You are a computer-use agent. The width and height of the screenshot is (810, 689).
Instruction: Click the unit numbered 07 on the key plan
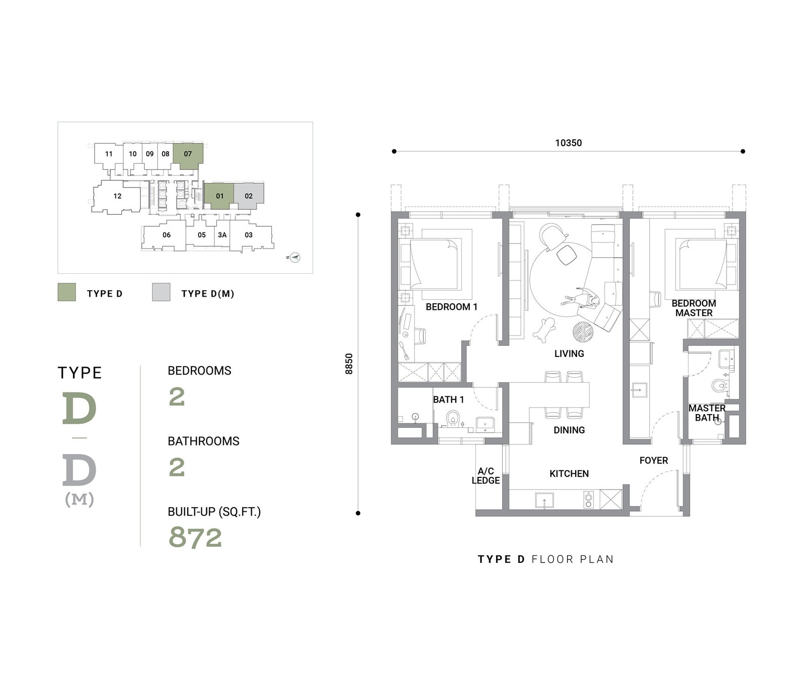point(188,153)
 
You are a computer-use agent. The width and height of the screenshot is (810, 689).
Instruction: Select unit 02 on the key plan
point(249,196)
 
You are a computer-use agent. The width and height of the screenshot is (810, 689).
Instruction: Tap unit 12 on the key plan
point(117,196)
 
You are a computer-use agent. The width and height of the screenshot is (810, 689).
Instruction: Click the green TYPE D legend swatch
point(67,292)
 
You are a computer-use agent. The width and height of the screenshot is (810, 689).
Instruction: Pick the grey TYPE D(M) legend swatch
point(161,292)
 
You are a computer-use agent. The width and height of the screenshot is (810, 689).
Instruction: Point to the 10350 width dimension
point(569,143)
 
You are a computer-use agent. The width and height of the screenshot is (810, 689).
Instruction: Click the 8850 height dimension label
point(348,363)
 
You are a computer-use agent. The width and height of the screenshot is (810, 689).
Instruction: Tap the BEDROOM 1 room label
point(451,307)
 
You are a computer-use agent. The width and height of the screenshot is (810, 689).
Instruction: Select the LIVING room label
point(569,354)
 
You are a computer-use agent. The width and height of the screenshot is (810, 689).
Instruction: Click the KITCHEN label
point(569,474)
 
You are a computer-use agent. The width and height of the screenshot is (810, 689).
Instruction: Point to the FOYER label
point(654,461)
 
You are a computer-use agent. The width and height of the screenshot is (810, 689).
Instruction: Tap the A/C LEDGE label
point(486,476)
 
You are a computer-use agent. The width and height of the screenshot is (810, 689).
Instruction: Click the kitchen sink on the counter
point(544,500)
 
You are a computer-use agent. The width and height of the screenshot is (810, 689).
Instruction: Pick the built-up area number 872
point(195,537)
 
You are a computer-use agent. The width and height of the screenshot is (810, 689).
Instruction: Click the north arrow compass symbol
point(295,257)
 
